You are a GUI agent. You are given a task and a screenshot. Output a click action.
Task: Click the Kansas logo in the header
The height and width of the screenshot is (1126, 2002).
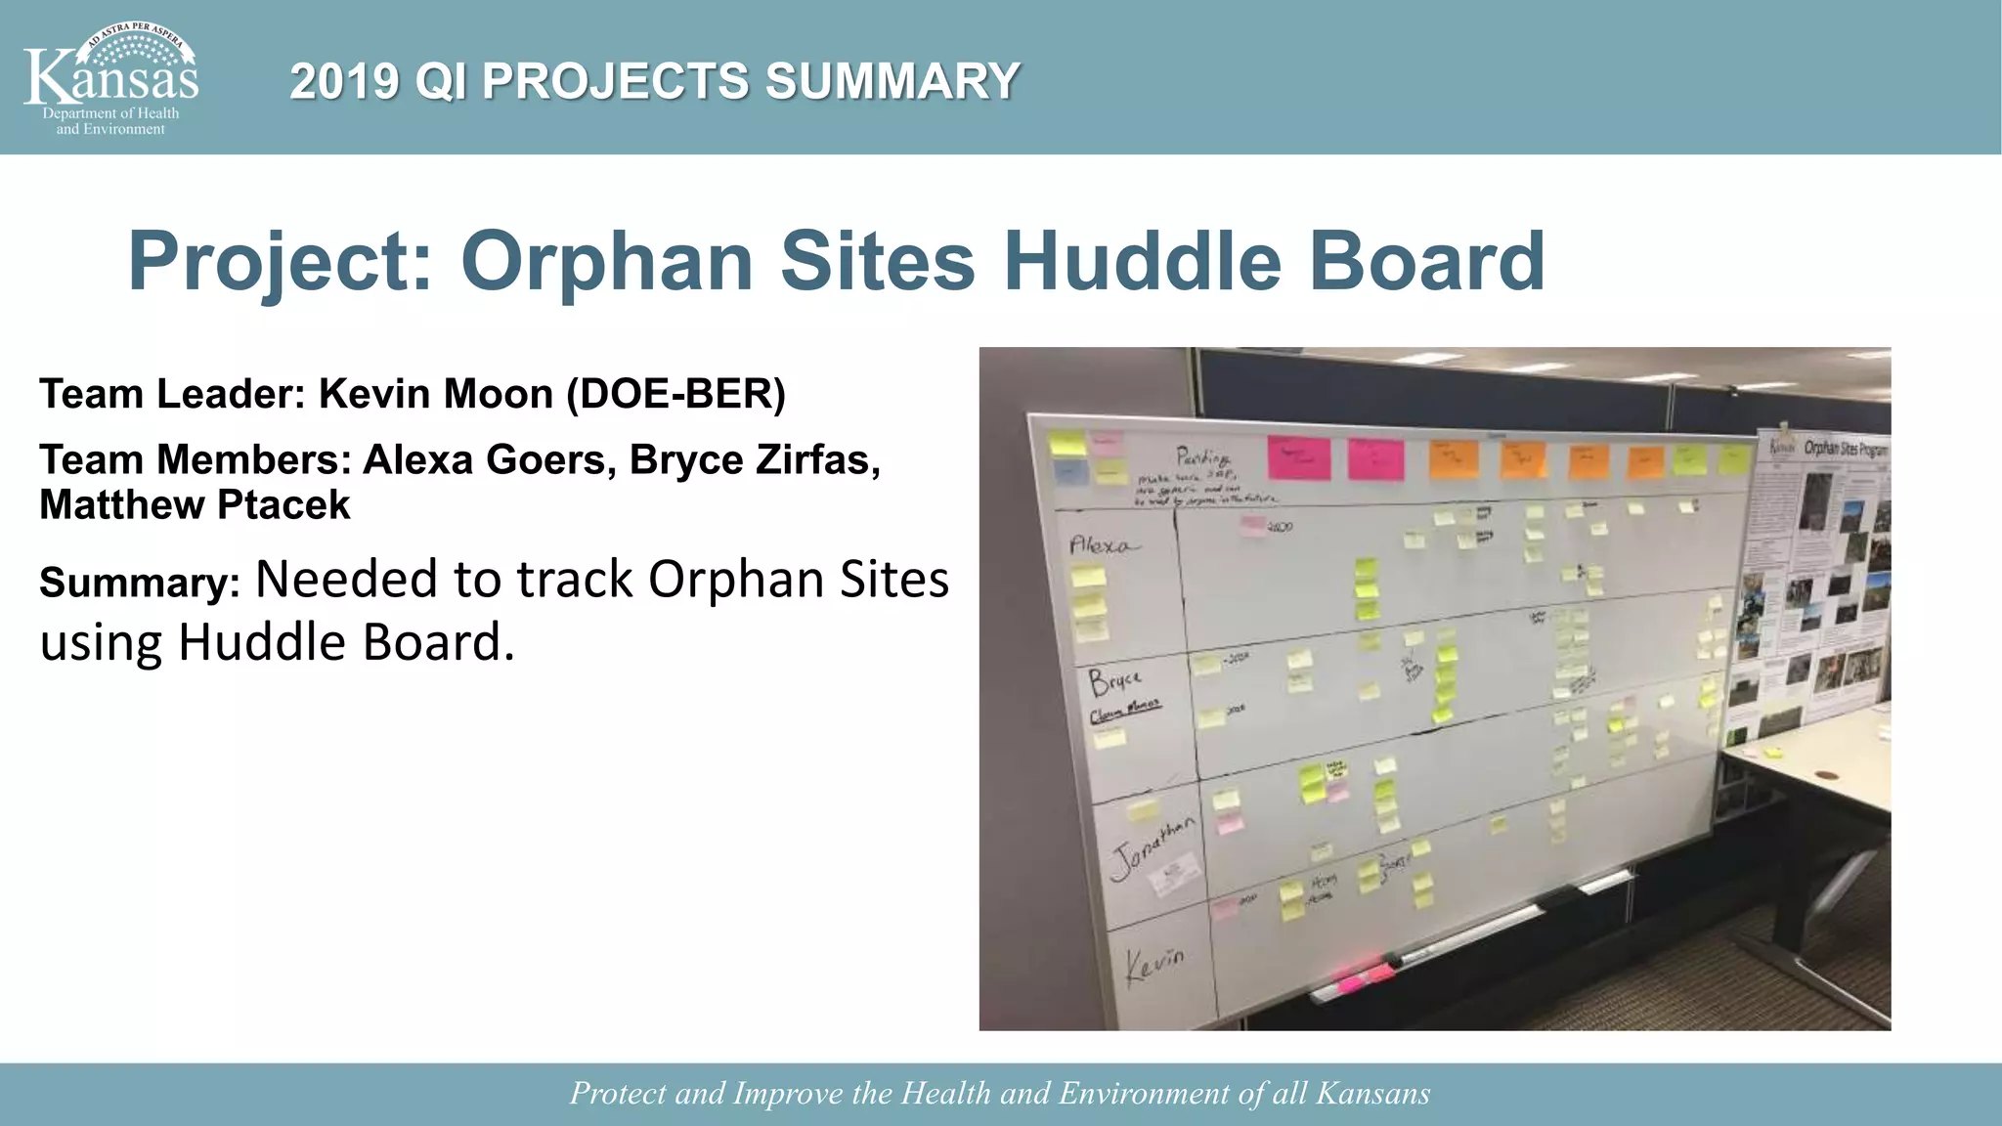(110, 78)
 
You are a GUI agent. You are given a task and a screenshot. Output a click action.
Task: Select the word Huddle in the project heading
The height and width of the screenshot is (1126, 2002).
(1142, 261)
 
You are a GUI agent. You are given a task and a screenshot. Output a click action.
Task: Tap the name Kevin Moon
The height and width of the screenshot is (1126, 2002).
(436, 394)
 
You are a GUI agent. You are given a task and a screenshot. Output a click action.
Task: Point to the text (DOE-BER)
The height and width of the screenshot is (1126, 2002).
(675, 394)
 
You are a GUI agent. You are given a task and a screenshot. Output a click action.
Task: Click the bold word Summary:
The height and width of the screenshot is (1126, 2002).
(139, 584)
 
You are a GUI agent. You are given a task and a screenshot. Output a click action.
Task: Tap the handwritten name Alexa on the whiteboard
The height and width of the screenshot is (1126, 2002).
(1103, 544)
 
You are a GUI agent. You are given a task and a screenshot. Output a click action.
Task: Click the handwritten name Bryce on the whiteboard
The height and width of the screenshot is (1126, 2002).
(1115, 679)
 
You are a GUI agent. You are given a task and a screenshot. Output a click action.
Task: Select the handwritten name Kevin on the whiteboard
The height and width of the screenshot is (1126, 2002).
(1154, 964)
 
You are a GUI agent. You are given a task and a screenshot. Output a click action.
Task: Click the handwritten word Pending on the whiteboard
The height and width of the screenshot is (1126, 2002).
(1202, 456)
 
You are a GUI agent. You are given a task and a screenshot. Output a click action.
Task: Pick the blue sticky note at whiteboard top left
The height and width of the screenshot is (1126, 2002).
(1069, 472)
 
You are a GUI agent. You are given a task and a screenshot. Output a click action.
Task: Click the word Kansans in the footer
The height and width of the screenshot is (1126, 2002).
(1372, 1094)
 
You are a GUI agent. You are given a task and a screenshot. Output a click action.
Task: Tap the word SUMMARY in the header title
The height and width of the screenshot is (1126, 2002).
(892, 81)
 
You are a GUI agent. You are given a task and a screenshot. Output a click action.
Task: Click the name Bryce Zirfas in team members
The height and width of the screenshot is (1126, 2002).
(754, 459)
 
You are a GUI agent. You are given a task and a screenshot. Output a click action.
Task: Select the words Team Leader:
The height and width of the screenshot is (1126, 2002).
(172, 394)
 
